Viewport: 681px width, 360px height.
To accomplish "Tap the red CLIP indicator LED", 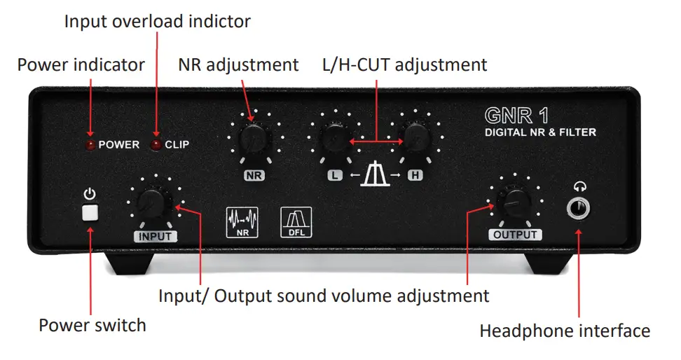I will pos(156,145).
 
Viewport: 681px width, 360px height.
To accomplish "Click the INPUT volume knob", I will pos(153,204).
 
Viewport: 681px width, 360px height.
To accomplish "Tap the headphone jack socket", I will pos(579,209).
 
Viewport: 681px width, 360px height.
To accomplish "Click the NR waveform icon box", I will pos(242,221).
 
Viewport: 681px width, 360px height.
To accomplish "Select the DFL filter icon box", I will pos(296,221).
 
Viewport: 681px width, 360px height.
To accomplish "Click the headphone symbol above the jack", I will pos(579,186).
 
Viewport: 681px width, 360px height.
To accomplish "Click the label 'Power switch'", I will pos(92,326).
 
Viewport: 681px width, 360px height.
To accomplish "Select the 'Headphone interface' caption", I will pos(565,331).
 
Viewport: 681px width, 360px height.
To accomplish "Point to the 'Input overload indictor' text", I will pos(157,22).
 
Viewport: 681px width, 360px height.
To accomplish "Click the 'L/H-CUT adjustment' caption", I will pos(404,65).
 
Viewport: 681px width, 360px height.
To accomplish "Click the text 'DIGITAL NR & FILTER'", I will pos(540,132).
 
